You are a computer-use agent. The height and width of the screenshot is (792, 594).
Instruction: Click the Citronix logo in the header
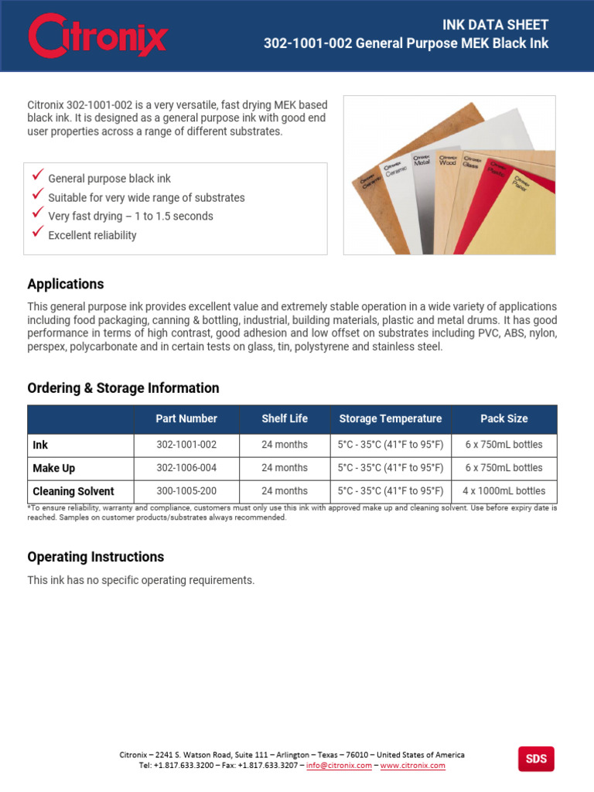(97, 36)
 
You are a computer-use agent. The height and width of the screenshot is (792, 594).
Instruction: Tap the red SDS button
(536, 759)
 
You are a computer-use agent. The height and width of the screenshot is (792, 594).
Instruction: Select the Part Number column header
(186, 418)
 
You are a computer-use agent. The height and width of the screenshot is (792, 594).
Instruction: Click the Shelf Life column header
(285, 418)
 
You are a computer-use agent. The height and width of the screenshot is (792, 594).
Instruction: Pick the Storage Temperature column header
(391, 418)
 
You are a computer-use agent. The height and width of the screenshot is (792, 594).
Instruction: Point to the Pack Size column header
(504, 418)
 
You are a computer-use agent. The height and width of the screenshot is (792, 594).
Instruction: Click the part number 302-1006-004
(186, 468)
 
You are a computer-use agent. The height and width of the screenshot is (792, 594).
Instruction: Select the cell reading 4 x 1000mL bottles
(504, 491)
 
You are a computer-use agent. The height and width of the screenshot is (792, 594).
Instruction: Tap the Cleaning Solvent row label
(73, 491)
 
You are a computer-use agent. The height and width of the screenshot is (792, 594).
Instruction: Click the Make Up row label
(54, 468)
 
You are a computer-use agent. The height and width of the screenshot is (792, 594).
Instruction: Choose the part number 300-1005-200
(186, 491)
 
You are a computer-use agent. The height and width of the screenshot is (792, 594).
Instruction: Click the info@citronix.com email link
(339, 766)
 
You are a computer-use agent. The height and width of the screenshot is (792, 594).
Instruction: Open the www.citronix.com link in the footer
(412, 766)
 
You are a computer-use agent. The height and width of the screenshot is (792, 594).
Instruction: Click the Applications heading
(66, 284)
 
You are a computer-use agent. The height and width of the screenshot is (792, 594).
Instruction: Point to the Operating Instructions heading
(96, 557)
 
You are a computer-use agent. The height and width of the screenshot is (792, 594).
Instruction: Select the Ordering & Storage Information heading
(123, 387)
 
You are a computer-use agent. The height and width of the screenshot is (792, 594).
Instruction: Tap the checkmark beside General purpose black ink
(38, 176)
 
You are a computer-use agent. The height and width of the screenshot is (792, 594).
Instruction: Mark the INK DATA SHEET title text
(495, 25)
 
